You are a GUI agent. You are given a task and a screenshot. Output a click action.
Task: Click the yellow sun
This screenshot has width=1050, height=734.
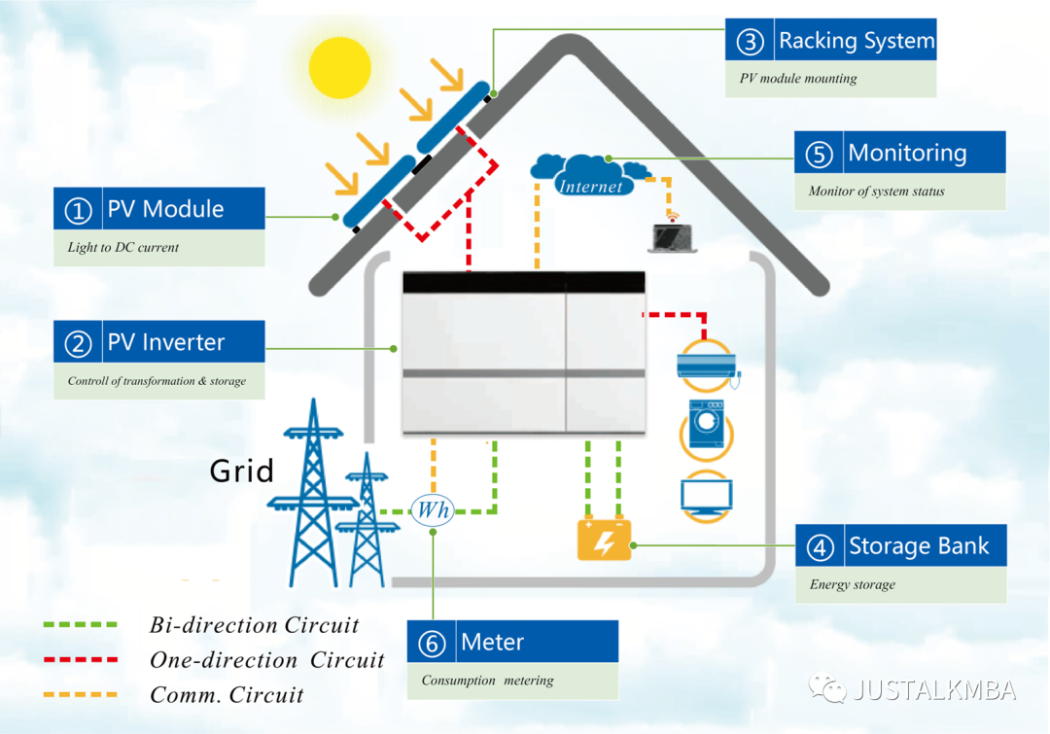(x=340, y=66)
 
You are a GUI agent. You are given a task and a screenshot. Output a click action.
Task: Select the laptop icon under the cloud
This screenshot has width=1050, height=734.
(x=673, y=237)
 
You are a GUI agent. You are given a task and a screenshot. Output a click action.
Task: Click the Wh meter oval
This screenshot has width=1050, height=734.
(x=433, y=509)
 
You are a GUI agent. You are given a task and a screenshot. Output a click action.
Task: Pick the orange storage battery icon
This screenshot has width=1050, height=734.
(x=604, y=541)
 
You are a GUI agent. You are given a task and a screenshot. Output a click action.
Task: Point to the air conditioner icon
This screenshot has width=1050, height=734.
(x=707, y=366)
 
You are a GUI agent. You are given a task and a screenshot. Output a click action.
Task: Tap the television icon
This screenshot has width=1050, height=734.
(x=707, y=495)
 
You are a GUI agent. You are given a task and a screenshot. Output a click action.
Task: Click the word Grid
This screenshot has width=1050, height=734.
(x=242, y=472)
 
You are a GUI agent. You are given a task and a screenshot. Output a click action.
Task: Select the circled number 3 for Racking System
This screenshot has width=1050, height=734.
(x=750, y=42)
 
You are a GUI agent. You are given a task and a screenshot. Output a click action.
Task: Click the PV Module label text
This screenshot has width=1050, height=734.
(x=165, y=209)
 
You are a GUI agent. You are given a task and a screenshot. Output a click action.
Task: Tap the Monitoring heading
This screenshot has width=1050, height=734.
(x=907, y=153)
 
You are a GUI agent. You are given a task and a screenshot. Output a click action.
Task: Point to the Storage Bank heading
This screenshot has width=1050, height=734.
(x=919, y=546)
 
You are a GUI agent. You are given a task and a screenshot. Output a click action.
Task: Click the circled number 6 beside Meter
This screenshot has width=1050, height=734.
(x=432, y=644)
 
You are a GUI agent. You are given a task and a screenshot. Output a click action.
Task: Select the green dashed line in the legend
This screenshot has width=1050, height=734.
(x=80, y=625)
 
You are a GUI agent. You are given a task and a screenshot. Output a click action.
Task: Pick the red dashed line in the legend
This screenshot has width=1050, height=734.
(x=80, y=659)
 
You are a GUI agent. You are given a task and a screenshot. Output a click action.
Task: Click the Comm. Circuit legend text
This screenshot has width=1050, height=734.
(x=227, y=695)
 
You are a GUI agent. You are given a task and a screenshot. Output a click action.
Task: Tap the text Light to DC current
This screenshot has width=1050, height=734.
(x=123, y=248)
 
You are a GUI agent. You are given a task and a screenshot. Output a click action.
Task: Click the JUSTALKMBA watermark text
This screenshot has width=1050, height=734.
(x=933, y=690)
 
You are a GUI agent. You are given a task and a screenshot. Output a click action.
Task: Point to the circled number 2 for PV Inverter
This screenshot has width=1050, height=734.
(x=78, y=343)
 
